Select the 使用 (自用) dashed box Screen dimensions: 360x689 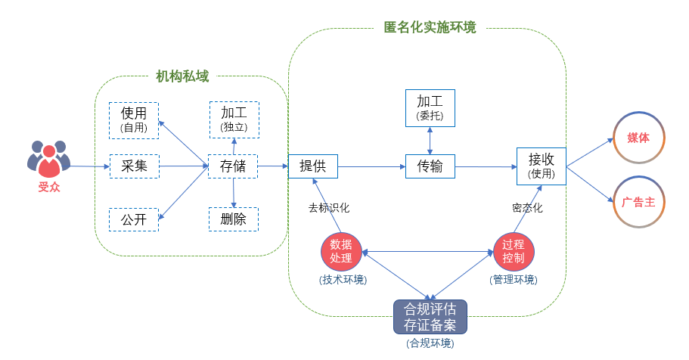click(x=134, y=120)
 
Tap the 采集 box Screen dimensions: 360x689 click(x=134, y=166)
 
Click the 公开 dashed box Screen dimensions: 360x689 click(x=134, y=219)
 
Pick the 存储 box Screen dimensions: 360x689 click(x=233, y=166)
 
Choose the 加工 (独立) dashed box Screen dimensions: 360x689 click(x=234, y=119)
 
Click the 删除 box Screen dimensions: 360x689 click(x=233, y=219)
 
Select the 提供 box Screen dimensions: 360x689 click(x=312, y=166)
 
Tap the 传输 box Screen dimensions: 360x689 click(x=430, y=166)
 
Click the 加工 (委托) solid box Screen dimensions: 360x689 click(x=430, y=107)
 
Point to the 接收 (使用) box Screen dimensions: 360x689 click(x=542, y=166)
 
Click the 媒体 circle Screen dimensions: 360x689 click(x=638, y=138)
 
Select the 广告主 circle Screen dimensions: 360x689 click(x=638, y=202)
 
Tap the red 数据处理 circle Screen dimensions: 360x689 click(x=341, y=252)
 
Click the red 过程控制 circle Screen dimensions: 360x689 click(x=514, y=252)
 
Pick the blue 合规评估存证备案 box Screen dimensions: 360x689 click(x=430, y=317)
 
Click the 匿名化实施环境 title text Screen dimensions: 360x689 click(x=430, y=28)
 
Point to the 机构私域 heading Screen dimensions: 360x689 click(x=182, y=76)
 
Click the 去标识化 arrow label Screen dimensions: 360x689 click(x=328, y=207)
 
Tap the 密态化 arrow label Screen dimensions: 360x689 click(x=527, y=207)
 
